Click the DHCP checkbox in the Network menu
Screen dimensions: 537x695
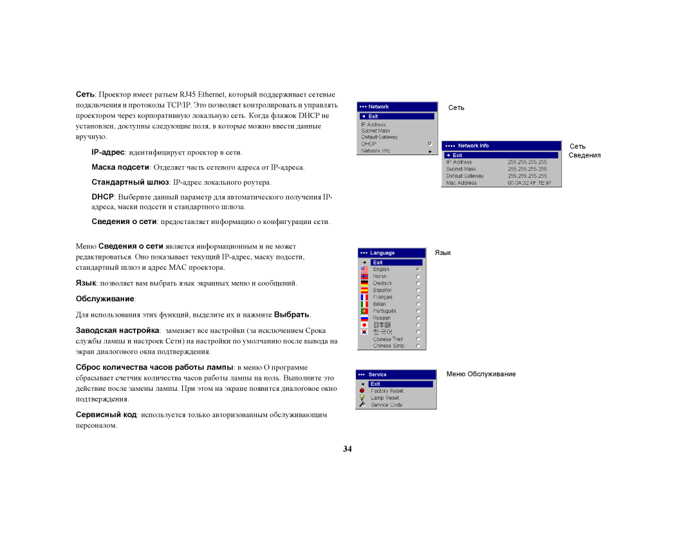coord(430,144)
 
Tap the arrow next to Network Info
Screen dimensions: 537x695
coord(430,151)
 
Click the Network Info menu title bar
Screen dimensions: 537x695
coord(501,146)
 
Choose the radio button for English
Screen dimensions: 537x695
coord(418,269)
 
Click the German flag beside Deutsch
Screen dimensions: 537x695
coord(364,283)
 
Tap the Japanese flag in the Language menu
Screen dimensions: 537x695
coord(364,325)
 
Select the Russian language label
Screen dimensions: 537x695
coord(382,318)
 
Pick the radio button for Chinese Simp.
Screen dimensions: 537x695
coord(418,346)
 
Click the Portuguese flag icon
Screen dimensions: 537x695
coord(364,311)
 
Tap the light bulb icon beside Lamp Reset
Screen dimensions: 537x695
coord(362,398)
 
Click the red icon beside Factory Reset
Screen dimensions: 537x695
coord(362,391)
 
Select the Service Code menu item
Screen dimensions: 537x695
coord(386,405)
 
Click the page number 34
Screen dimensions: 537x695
coord(347,449)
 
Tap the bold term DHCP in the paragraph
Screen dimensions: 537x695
coord(102,196)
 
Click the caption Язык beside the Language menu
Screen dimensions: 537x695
coord(443,253)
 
